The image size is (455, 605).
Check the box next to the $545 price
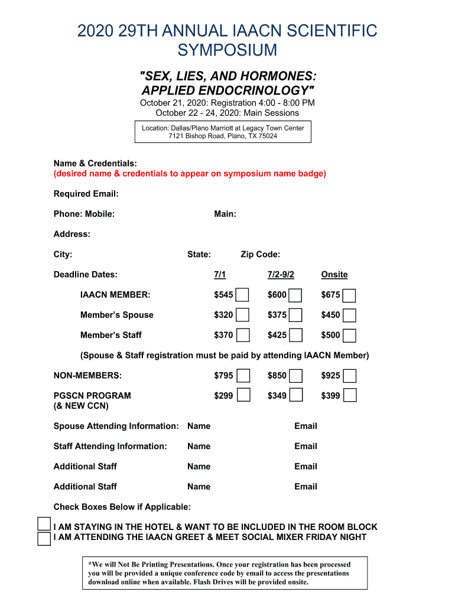tap(242, 295)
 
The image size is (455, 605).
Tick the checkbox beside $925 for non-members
tap(350, 376)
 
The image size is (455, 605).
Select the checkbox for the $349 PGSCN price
tap(296, 395)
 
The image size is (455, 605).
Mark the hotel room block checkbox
tap(44, 524)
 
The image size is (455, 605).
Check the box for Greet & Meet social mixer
tap(44, 538)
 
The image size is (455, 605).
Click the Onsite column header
tap(334, 275)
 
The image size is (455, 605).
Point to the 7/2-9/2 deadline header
tap(281, 275)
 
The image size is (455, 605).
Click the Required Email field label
tap(86, 194)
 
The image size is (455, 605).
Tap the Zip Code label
tap(260, 255)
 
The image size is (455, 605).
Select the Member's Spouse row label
tap(116, 315)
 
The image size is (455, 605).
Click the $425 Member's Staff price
tap(277, 335)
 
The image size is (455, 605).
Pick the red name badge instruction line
tap(190, 174)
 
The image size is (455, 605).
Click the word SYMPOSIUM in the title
tap(227, 50)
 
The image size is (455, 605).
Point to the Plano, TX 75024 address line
tap(223, 136)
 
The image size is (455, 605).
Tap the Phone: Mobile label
tap(84, 214)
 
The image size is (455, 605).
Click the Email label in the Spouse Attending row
tap(305, 426)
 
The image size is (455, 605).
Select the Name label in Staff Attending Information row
tap(199, 446)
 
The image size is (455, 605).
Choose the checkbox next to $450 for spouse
tap(350, 315)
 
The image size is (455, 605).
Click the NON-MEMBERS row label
tap(87, 375)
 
